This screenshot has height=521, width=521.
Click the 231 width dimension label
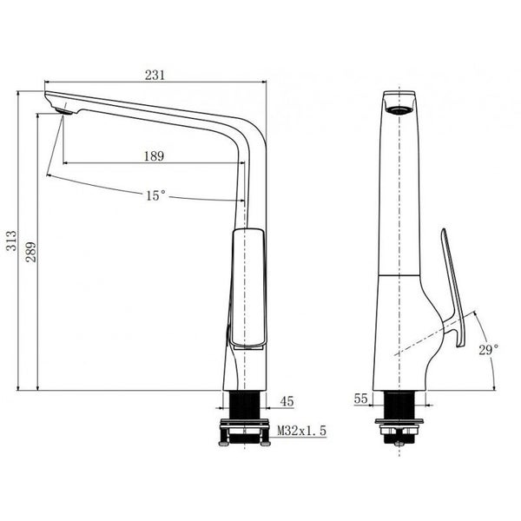155,75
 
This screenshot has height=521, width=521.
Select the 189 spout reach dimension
154,156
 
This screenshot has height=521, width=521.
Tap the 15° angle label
155,196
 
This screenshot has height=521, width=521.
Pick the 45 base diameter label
287,401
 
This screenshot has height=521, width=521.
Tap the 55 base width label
361,399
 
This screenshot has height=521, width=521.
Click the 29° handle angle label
487,349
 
